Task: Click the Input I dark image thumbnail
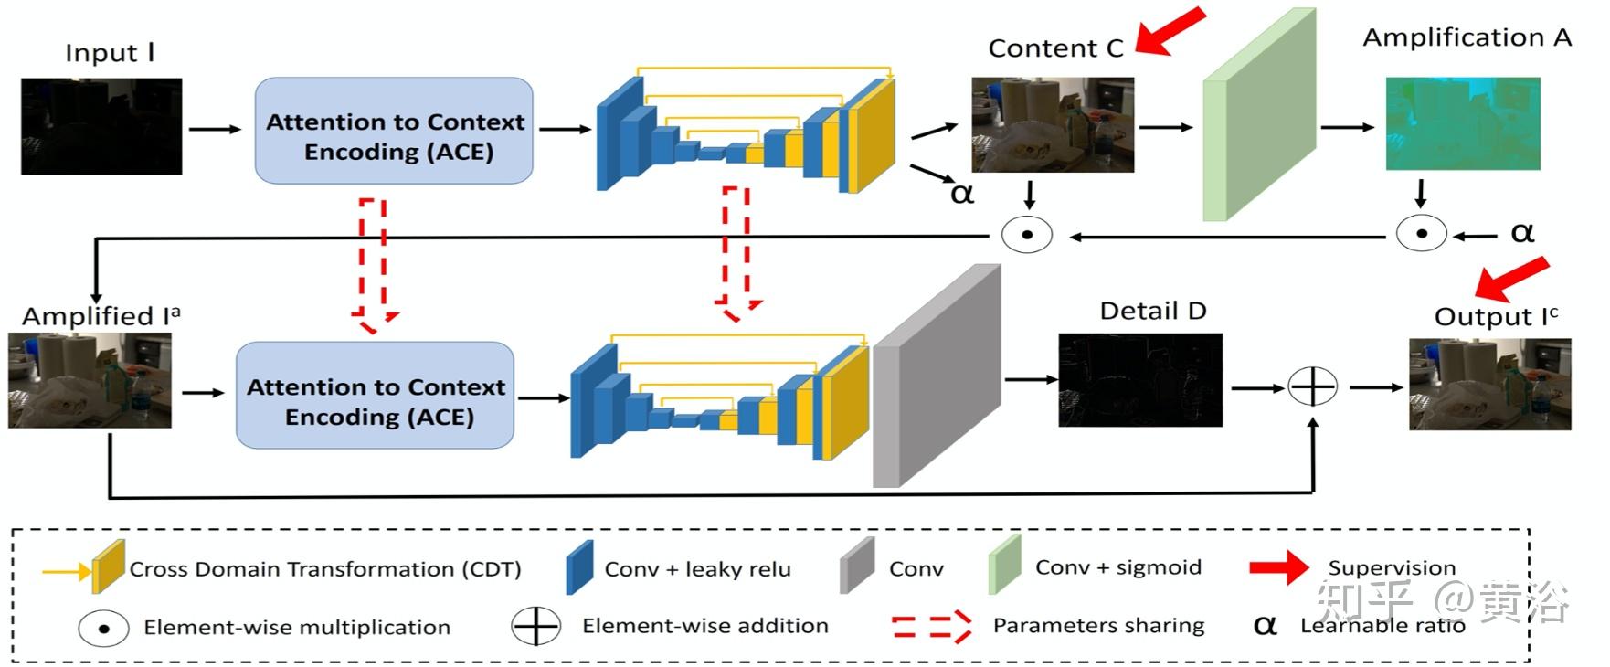click(101, 126)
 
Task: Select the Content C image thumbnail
click(1053, 125)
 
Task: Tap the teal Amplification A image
click(1463, 123)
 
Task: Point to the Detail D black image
click(1140, 380)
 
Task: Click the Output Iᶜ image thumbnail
click(1490, 385)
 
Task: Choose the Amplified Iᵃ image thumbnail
click(90, 380)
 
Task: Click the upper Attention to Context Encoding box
click(394, 131)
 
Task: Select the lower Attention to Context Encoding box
click(376, 395)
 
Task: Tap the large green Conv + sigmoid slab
click(1259, 115)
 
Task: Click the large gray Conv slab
click(937, 376)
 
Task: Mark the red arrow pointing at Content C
click(1170, 31)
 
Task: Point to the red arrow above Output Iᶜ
click(1511, 279)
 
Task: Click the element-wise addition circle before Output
click(1313, 387)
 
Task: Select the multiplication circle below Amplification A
click(1421, 234)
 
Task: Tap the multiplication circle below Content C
click(1027, 235)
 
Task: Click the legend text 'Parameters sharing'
click(1098, 626)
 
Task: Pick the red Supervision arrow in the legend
click(1279, 567)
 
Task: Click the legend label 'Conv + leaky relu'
click(697, 569)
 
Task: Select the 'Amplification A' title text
click(1467, 37)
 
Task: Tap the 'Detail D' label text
click(1153, 311)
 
